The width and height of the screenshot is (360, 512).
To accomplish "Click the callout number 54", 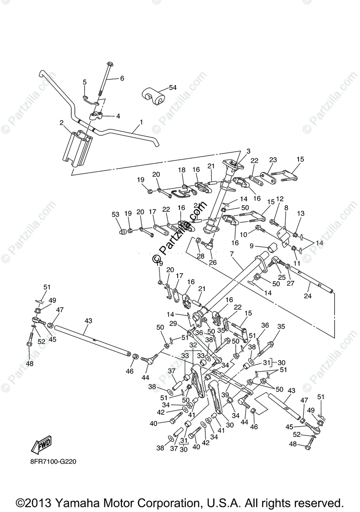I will coord(173,87).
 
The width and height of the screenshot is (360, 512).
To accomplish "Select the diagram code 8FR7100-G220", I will coord(53,461).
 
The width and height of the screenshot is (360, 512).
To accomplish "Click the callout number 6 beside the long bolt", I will coord(122,79).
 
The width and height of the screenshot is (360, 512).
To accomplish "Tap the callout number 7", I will coord(232,254).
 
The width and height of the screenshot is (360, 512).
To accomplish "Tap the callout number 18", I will coord(182,170).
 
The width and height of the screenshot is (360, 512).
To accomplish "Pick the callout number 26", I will coord(212,262).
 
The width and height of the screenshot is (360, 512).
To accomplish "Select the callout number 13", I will coord(301,213).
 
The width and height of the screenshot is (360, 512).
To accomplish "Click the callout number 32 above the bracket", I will coord(193,345).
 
